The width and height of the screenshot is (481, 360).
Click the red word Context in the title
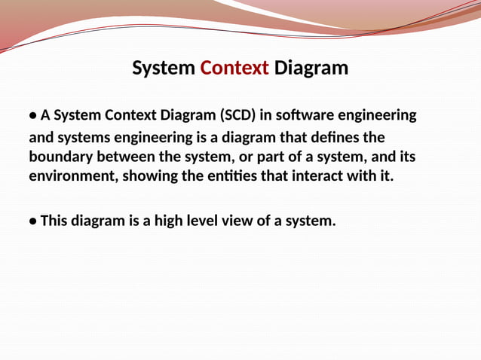(x=234, y=69)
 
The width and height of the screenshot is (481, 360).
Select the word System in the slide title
(x=164, y=69)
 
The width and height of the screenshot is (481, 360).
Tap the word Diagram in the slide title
(x=311, y=69)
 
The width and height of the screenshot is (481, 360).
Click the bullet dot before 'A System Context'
(x=33, y=117)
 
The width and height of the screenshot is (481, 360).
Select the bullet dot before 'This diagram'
(x=33, y=221)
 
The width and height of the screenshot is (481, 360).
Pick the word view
(x=247, y=221)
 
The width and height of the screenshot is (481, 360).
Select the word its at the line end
(x=406, y=157)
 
